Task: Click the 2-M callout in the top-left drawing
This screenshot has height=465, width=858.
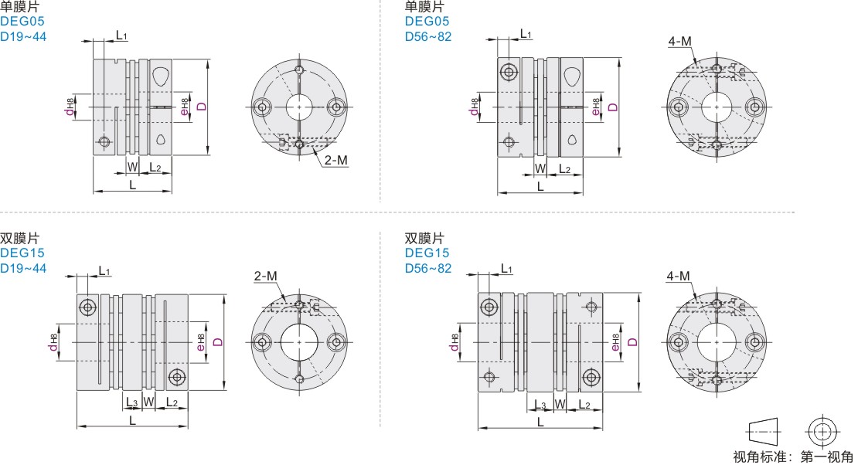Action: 336,160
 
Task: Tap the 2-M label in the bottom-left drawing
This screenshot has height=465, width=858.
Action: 265,277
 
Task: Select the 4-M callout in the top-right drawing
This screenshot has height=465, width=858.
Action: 679,41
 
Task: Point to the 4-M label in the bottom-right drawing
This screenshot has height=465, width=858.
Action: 679,277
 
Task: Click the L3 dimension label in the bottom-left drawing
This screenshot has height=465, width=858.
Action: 132,402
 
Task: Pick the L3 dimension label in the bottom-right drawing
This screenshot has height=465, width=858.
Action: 540,405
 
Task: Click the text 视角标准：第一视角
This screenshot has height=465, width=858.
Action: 793,457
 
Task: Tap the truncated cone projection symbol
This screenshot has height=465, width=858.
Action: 764,432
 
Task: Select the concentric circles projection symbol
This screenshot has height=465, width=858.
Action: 822,432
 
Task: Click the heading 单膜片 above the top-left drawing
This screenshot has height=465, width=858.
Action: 20,6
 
